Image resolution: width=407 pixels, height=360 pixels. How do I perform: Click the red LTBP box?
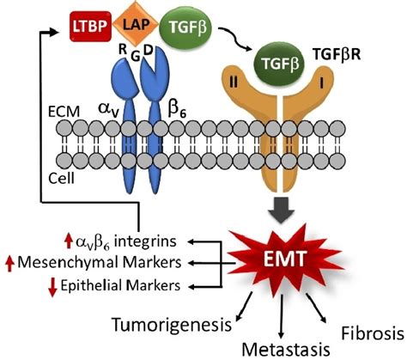90,27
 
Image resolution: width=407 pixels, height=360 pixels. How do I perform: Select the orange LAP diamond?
136,24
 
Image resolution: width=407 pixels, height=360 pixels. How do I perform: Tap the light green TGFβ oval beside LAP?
186,27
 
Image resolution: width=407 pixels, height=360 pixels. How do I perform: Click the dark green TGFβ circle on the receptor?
280,64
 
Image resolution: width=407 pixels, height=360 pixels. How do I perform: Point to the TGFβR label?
337,54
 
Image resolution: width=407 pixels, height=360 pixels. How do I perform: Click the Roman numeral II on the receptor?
234,83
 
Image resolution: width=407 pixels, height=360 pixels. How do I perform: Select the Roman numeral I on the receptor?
322,83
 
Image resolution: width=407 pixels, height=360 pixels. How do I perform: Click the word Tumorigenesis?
172,325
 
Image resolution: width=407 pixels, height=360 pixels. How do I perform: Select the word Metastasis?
286,349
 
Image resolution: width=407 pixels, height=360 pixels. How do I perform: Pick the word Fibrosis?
373,333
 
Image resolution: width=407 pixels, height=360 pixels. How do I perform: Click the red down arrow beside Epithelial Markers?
52,287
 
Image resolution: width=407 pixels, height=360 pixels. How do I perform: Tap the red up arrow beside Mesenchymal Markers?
10,263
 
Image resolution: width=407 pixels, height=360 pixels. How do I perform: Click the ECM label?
64,112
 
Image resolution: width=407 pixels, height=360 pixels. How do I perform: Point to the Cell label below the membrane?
61,179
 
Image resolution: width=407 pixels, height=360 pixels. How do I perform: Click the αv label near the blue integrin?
108,110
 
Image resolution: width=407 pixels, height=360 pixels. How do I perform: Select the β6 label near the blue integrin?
177,109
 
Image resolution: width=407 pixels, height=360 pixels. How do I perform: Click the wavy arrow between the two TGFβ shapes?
234,40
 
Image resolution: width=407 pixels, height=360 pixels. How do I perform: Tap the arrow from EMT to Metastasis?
282,316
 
